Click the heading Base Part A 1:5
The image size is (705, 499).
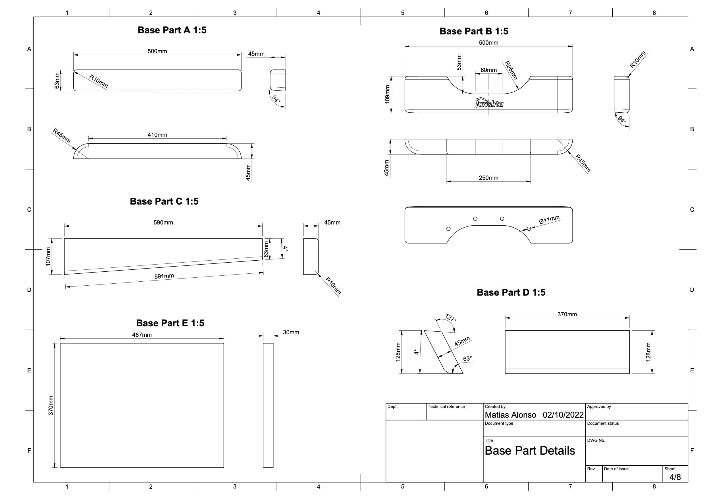(x=172, y=30)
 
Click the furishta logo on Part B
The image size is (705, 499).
(x=489, y=103)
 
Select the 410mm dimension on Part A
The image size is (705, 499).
(x=157, y=135)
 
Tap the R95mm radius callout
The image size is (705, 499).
(x=511, y=70)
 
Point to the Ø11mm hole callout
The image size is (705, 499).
(x=549, y=220)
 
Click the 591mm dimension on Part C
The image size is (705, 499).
(x=164, y=276)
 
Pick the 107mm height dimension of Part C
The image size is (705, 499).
(x=48, y=256)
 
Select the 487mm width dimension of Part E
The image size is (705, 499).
(x=142, y=335)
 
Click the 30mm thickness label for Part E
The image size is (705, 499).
(x=291, y=332)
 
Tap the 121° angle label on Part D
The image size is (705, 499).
(x=451, y=317)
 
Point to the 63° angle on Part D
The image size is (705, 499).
(x=467, y=359)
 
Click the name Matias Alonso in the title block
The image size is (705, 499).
(x=510, y=415)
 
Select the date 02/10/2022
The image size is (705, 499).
(x=563, y=415)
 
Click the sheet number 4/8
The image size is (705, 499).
(x=675, y=477)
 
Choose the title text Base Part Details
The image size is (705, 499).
(x=530, y=451)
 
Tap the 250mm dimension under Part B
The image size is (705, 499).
(x=488, y=178)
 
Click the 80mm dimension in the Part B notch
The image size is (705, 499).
(x=488, y=70)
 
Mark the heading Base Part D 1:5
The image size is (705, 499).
(x=511, y=292)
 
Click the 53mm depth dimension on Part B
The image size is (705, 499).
(x=459, y=62)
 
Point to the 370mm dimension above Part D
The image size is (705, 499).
(x=567, y=314)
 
